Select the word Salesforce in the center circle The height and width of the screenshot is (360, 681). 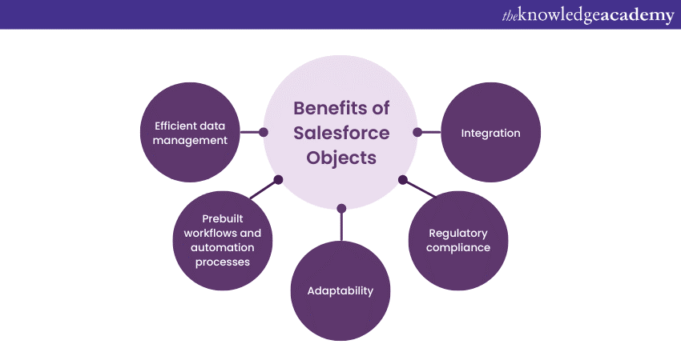tap(340, 133)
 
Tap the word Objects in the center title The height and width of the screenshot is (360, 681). tap(340, 158)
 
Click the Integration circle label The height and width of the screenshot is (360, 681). tap(490, 133)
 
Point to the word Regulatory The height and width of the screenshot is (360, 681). tap(458, 233)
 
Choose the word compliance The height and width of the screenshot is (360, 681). tap(458, 247)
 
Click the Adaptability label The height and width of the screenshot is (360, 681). tap(340, 290)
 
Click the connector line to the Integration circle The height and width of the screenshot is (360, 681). tap(431, 132)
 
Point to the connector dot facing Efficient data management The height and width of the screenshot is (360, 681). tap(264, 132)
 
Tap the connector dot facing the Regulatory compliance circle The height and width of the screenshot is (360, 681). tap(403, 179)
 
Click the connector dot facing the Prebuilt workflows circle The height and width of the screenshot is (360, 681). tap(278, 179)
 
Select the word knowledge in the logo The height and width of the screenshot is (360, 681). tap(558, 15)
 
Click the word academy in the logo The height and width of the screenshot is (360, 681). tap(634, 15)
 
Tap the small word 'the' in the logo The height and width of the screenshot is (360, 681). tap(510, 16)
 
